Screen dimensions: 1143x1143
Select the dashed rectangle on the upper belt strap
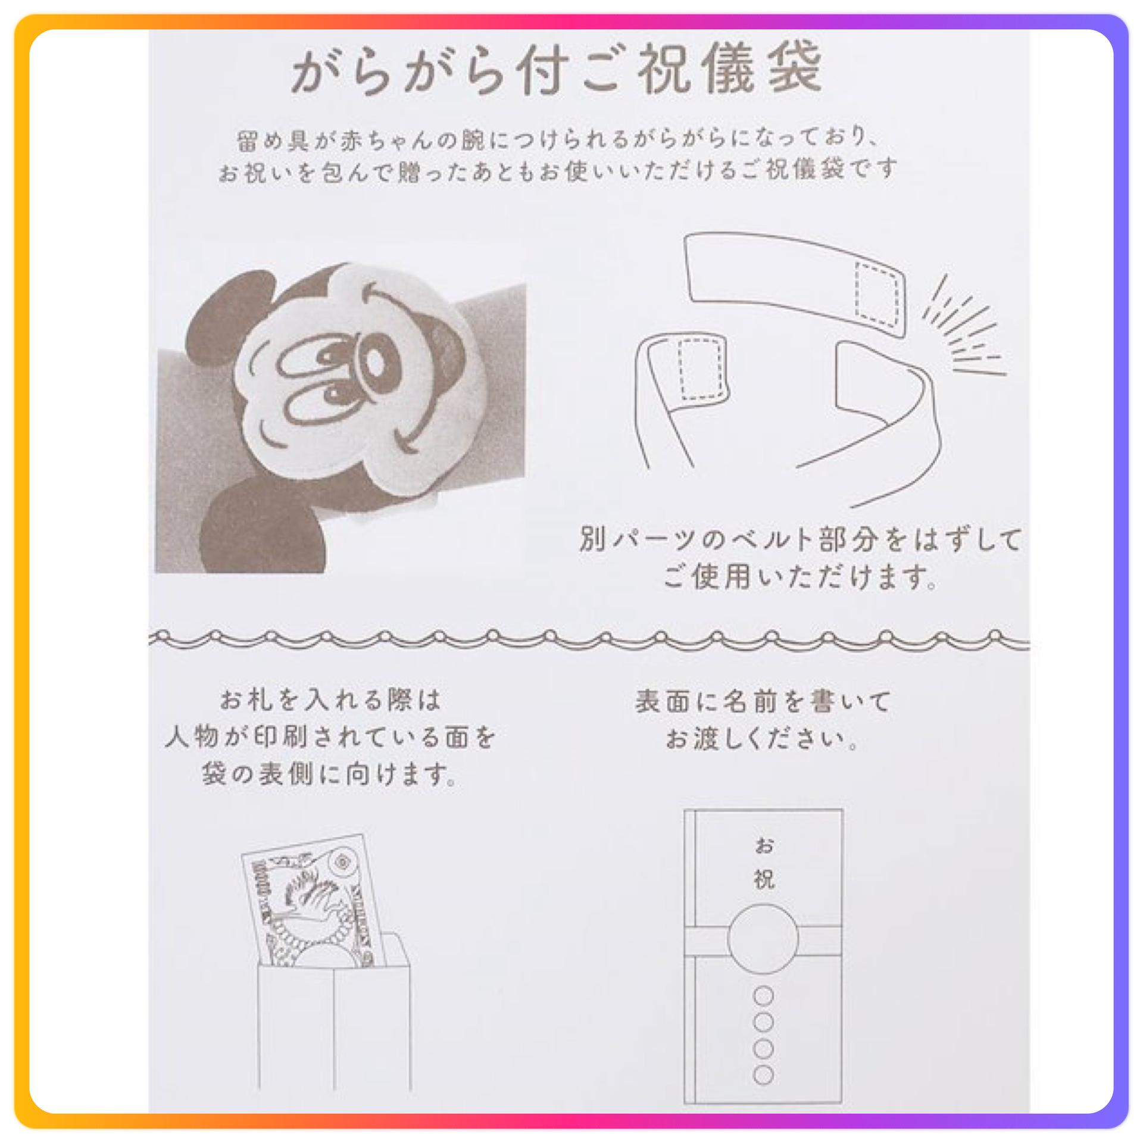876,294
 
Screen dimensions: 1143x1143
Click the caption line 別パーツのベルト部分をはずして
800,539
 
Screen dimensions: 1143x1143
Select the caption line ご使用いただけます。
800,577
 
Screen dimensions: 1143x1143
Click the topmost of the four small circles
764,995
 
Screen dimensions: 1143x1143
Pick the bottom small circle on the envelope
764,1075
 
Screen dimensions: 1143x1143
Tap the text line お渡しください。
763,739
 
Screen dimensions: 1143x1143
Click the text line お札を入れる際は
331,699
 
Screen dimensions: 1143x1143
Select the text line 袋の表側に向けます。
330,774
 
